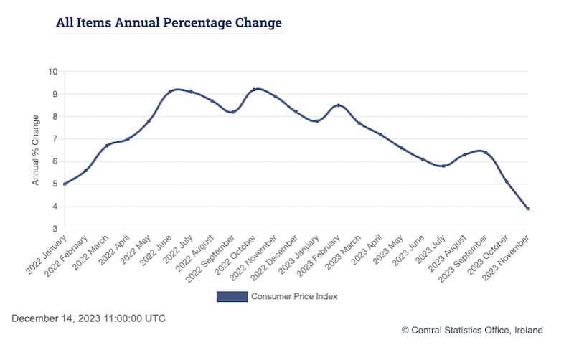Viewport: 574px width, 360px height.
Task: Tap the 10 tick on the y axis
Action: click(x=52, y=71)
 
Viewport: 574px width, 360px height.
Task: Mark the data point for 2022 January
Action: click(x=65, y=184)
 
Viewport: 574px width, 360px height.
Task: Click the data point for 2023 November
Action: click(x=528, y=209)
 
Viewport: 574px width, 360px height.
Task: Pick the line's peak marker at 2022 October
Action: click(x=254, y=90)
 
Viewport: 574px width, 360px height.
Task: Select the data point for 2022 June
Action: click(x=170, y=92)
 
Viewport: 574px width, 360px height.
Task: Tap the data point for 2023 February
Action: click(x=338, y=105)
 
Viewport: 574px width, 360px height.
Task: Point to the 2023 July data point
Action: click(x=443, y=166)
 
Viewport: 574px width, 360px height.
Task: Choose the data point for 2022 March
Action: click(x=107, y=146)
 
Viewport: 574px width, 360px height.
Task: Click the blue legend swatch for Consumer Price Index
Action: click(x=232, y=296)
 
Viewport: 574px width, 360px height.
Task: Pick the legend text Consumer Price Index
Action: click(x=293, y=296)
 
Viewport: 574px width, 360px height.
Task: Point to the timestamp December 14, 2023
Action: click(x=88, y=318)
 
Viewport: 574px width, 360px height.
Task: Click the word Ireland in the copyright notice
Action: click(x=527, y=330)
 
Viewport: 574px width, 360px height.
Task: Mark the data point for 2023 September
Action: click(x=486, y=152)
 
